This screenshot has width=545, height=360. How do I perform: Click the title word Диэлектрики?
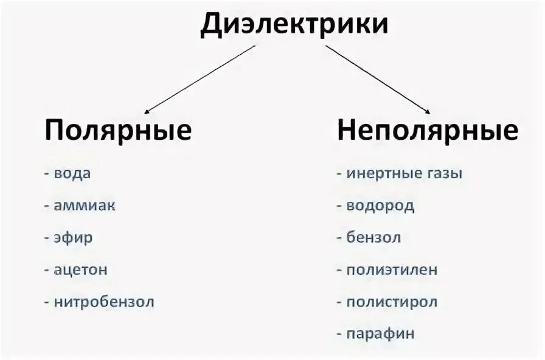tap(294, 26)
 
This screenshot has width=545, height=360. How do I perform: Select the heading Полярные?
tap(118, 130)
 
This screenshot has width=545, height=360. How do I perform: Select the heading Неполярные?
tap(428, 130)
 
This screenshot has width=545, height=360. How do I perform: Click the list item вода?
tap(72, 173)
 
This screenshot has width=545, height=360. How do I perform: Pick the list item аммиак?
tap(85, 206)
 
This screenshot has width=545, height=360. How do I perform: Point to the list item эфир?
tap(74, 237)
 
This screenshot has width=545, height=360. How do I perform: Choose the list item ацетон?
tap(81, 269)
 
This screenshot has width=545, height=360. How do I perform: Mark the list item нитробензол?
tap(104, 302)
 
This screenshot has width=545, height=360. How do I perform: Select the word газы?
tap(444, 173)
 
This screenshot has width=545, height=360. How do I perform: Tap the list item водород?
tap(380, 206)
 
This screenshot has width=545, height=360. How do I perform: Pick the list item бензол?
tap(373, 237)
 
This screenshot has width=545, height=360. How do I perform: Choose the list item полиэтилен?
tap(392, 269)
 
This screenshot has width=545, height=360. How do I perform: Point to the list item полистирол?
tap(392, 302)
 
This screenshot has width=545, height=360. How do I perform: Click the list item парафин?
tap(380, 334)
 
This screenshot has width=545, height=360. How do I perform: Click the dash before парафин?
tap(339, 334)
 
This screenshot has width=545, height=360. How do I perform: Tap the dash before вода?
tap(47, 173)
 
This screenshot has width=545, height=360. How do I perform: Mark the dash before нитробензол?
tap(47, 302)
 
